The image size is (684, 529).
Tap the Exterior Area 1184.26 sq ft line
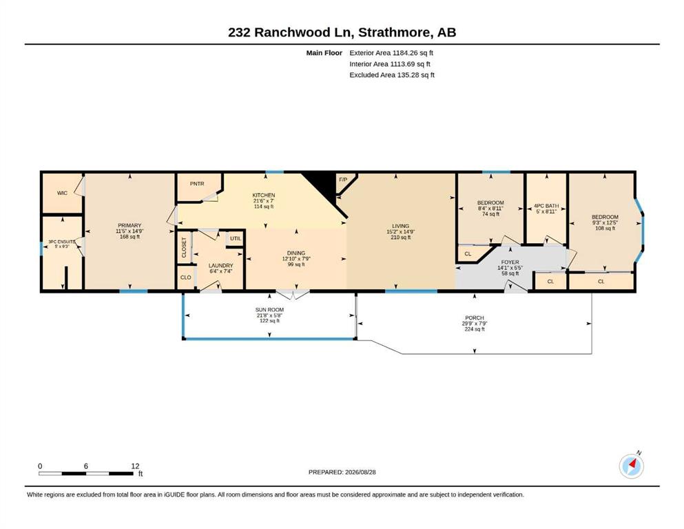391,53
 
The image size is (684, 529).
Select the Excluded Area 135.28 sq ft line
392,74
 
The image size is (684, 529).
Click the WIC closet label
63,193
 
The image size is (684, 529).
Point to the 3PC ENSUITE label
62,241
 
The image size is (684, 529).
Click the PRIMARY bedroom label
129,225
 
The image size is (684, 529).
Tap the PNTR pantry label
197,184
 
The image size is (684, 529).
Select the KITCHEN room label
264,195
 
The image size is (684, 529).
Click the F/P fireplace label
343,180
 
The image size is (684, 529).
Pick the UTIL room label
236,238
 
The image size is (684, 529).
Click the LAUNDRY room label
220,265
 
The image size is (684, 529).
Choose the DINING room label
296,253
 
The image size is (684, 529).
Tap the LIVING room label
400,226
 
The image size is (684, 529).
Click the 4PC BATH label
546,206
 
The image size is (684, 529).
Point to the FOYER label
510,262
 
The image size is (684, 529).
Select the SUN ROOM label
269,310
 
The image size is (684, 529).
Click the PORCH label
475,318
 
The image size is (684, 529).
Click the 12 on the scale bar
135,466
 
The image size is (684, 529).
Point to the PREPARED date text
342,472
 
